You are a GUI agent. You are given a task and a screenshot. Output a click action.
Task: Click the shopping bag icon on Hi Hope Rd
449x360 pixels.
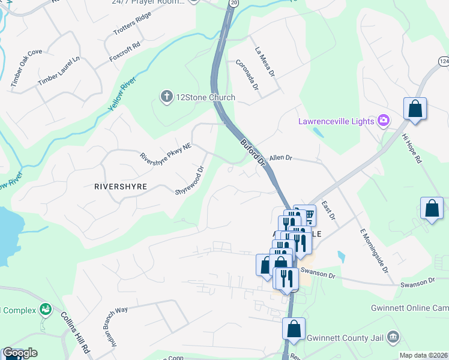point(415,109)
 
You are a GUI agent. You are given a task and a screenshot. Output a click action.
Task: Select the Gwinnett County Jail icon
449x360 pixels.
point(393,337)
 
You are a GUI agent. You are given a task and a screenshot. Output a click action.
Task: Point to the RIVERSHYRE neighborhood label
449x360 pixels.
point(121,187)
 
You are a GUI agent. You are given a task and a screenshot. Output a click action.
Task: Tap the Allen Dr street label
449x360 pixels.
point(280,158)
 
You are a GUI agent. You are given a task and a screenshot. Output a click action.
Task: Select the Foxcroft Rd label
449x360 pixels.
point(125,45)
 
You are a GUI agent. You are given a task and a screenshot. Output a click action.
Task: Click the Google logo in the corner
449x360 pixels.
point(20,353)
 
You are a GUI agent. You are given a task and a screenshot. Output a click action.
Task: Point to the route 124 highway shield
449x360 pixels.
point(443,62)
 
